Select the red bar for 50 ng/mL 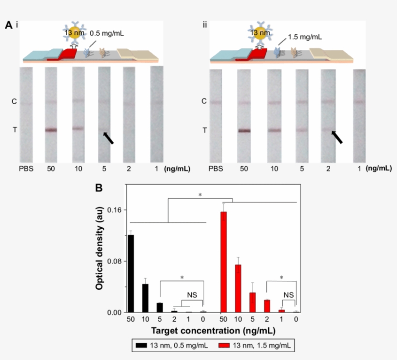pos(224,262)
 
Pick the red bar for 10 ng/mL pos(238,288)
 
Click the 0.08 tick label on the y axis pos(115,261)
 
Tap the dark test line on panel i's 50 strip pos(51,130)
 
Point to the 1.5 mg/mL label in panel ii pos(305,36)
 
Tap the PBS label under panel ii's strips pos(216,169)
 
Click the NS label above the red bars pos(289,295)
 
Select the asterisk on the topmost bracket pos(200,195)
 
